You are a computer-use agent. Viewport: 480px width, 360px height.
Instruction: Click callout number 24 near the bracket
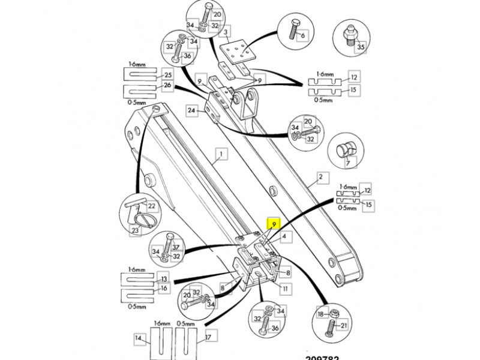click(191, 110)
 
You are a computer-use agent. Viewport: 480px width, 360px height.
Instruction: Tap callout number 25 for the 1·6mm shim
click(167, 75)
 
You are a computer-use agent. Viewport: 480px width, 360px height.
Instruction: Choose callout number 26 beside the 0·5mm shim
click(167, 86)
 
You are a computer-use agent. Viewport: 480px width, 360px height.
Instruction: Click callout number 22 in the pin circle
click(152, 206)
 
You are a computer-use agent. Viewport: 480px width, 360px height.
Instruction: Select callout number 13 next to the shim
click(163, 279)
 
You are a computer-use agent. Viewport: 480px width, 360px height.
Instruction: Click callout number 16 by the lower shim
click(163, 289)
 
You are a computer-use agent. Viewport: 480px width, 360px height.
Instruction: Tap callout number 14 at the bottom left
click(139, 338)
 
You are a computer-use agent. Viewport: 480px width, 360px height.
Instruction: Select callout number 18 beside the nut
click(320, 314)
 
